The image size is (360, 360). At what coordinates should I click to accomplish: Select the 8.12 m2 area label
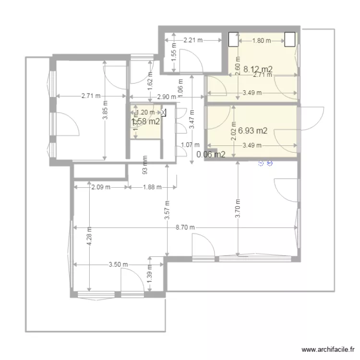[258, 69]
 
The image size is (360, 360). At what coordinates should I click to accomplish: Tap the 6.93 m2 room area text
[252, 130]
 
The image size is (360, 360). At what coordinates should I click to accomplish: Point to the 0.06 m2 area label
[211, 155]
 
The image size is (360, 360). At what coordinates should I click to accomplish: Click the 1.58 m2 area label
[145, 121]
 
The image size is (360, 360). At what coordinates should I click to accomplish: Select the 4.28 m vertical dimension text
[89, 237]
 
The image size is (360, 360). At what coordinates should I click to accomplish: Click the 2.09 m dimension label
[101, 187]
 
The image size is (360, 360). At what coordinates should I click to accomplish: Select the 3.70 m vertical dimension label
[238, 207]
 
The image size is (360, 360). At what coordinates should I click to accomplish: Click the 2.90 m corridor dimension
[166, 97]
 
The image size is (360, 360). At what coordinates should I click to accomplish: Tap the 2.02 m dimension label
[234, 131]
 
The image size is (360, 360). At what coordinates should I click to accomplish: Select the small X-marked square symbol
[163, 113]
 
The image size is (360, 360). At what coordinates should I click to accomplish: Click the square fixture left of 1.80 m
[233, 39]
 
